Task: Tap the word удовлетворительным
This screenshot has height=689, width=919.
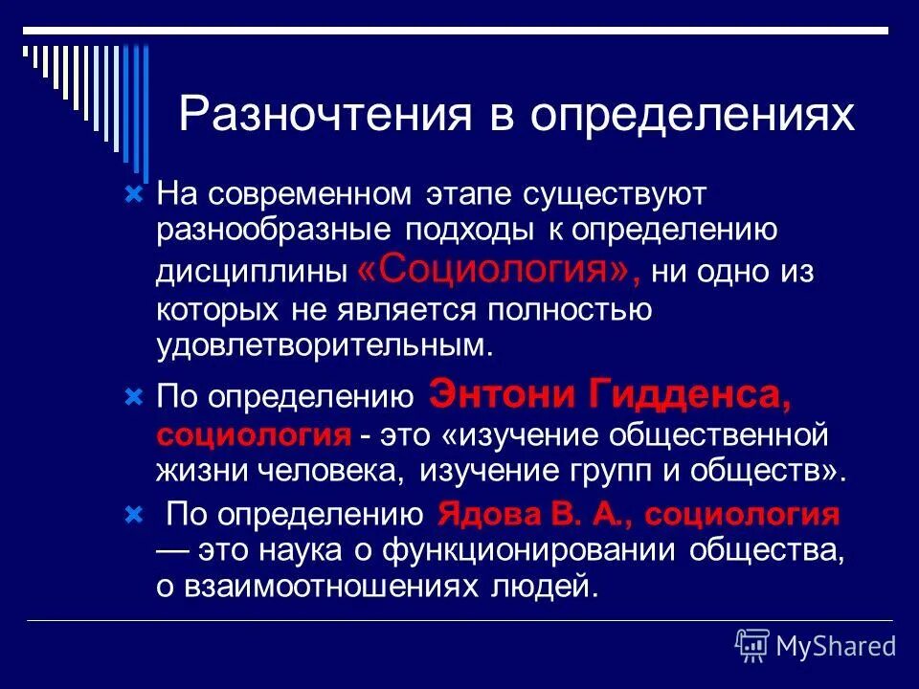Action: [325, 344]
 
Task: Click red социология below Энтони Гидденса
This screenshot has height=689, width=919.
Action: [254, 434]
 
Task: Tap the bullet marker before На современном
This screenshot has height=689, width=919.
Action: [134, 194]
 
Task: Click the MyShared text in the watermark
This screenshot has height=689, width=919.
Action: [836, 646]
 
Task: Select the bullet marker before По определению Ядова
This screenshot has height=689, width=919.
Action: [134, 516]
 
